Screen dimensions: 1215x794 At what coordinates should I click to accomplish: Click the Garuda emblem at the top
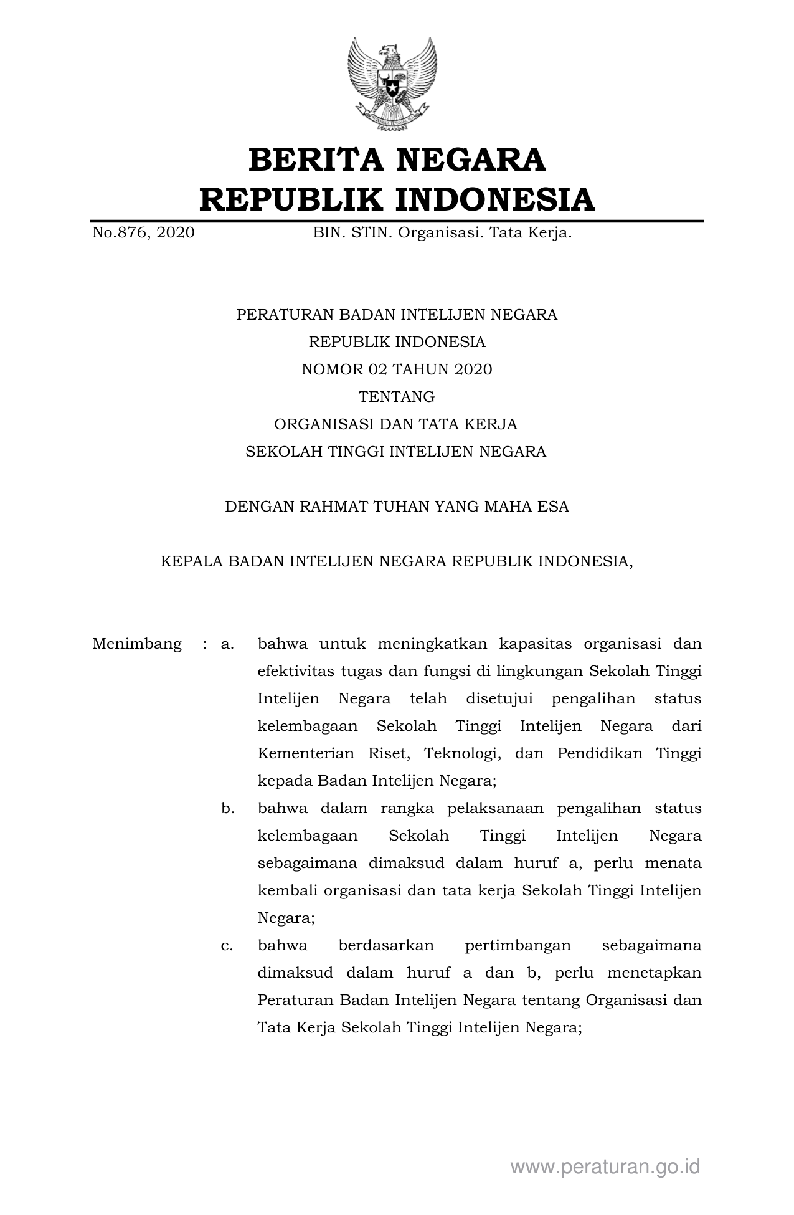(392, 83)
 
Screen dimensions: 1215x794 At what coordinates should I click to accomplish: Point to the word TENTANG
(397, 397)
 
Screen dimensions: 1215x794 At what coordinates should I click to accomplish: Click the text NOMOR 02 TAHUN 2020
(397, 369)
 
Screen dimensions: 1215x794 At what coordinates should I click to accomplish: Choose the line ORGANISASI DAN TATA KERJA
(396, 424)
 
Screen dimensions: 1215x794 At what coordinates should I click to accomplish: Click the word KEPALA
(191, 561)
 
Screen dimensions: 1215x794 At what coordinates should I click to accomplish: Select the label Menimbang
(137, 644)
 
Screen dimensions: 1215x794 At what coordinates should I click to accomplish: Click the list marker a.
(227, 644)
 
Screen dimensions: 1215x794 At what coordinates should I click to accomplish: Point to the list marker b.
(227, 809)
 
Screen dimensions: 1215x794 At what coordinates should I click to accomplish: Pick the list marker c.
(227, 946)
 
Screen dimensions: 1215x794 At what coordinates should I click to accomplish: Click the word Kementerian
(306, 753)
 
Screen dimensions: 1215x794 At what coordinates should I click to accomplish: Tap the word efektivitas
(295, 671)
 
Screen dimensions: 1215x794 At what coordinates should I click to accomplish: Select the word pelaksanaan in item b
(495, 809)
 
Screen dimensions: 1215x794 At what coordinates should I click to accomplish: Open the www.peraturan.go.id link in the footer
(605, 1166)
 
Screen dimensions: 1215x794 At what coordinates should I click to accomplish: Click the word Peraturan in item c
(295, 1001)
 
